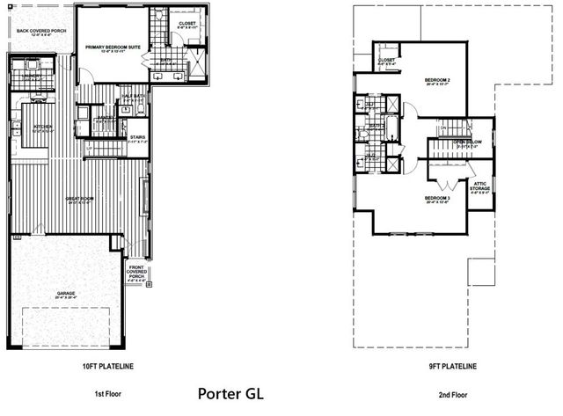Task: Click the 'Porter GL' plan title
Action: [x=230, y=393]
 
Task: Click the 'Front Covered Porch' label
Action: [x=138, y=274]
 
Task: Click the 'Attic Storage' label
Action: [x=480, y=186]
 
